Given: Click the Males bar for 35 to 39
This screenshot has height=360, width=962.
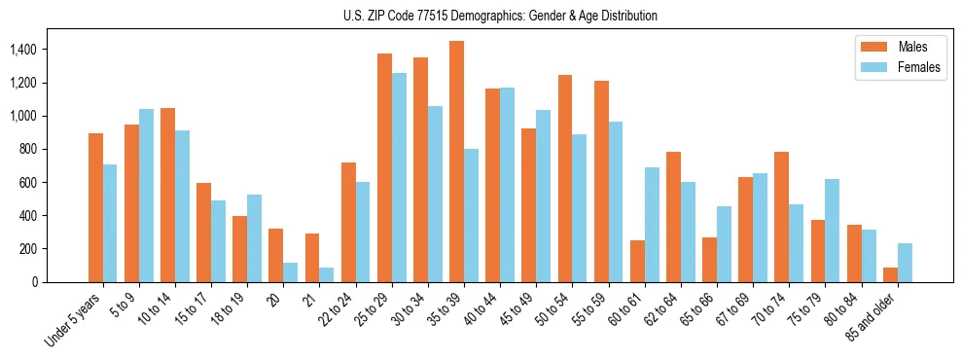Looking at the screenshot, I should (457, 162).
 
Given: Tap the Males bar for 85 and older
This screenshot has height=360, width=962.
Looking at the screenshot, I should (891, 274).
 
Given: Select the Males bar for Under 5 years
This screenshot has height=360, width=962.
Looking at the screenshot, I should (95, 207).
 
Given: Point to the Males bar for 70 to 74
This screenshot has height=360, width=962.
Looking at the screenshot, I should (782, 217).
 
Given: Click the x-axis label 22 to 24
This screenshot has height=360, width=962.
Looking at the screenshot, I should (337, 310).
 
